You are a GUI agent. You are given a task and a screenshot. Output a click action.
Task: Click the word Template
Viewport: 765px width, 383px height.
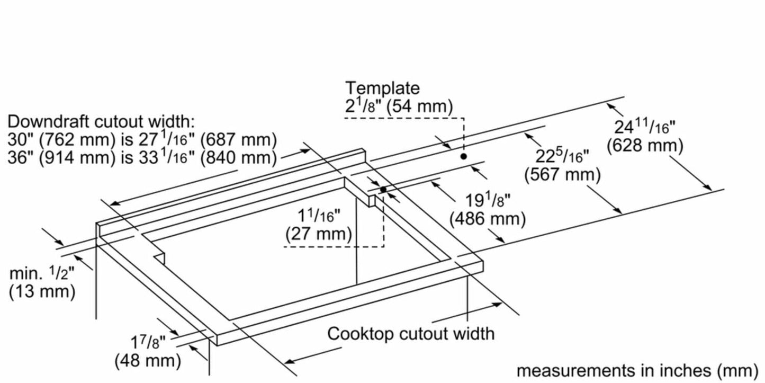382,88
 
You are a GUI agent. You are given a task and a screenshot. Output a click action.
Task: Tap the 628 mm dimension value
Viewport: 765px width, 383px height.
644,145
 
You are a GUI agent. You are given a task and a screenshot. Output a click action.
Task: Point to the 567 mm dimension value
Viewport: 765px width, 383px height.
562,174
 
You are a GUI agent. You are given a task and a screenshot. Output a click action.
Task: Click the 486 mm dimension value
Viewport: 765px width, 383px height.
487,218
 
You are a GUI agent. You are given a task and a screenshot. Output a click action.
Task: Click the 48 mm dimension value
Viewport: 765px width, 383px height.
148,361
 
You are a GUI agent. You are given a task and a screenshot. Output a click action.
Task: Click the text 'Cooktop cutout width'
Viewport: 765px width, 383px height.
410,334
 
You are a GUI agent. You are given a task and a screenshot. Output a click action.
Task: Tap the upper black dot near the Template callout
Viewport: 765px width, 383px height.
463,156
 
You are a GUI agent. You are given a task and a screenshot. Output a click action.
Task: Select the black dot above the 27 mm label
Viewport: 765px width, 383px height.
383,189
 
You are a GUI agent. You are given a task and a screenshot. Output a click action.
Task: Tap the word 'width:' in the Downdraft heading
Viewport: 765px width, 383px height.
165,121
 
